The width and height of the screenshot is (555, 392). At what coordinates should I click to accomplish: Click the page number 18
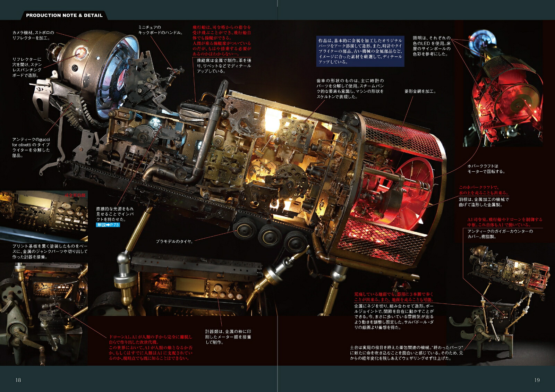coord(18,380)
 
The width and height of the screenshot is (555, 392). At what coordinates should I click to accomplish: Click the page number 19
coord(537,380)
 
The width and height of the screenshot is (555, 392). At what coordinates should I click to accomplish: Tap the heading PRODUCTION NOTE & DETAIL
coord(65,15)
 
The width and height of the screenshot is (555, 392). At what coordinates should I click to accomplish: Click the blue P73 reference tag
coord(108,225)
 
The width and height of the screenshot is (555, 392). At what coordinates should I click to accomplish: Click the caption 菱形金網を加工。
coord(420,92)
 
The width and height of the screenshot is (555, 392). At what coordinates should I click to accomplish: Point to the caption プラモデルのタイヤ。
coord(174,241)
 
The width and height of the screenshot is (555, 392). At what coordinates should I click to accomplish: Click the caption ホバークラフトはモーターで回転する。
coord(486,169)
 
